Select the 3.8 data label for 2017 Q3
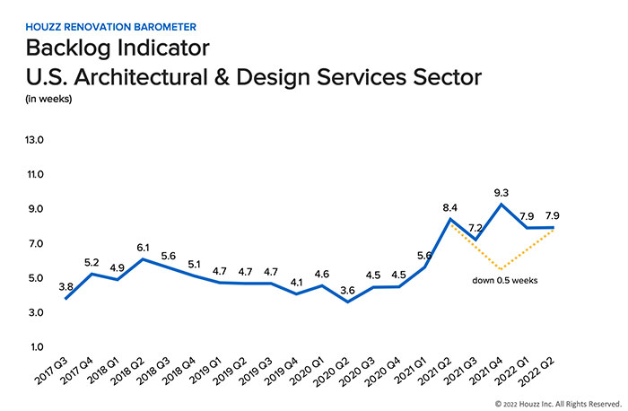click(65, 286)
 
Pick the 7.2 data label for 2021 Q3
click(476, 229)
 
